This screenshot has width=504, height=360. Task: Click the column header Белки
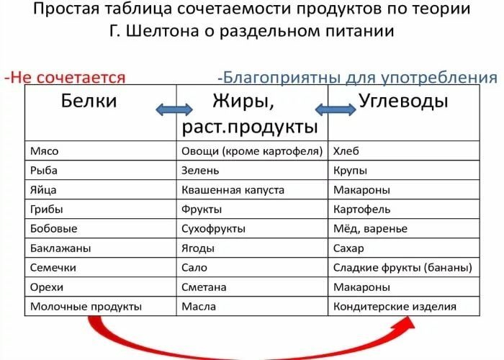[x=89, y=101]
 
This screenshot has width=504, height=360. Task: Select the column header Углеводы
[x=403, y=101]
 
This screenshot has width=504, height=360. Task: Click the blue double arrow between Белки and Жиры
[x=174, y=110]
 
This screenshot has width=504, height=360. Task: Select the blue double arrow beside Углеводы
[x=336, y=109]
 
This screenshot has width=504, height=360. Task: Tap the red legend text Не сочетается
[x=68, y=78]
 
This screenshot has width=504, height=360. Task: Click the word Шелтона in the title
[x=162, y=31]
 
